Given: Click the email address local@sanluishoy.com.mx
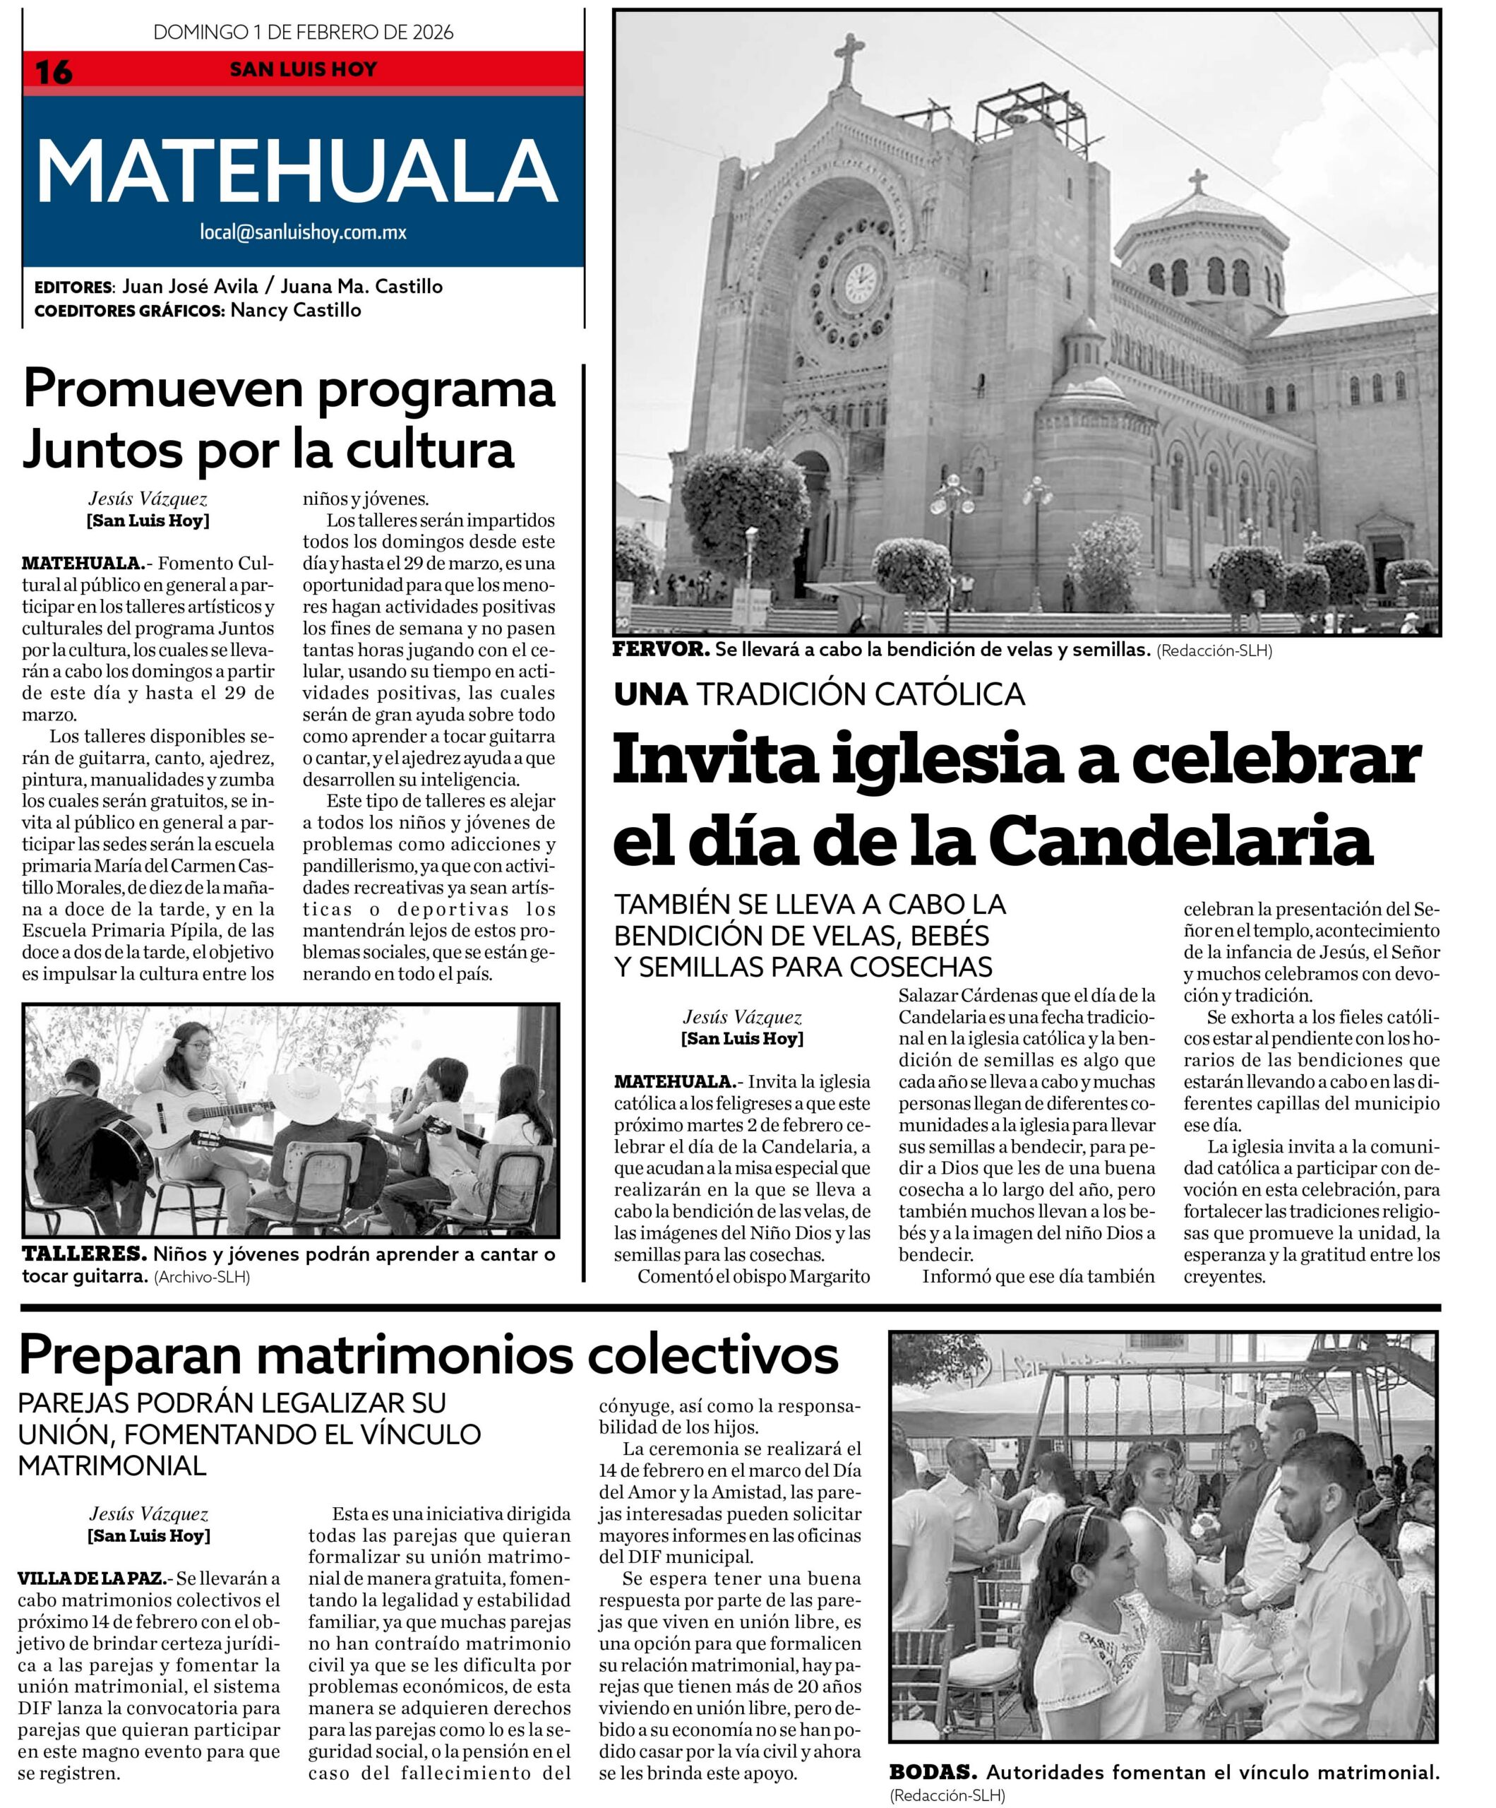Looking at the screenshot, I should pyautogui.click(x=303, y=232).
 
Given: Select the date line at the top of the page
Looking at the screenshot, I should pyautogui.click(x=303, y=32).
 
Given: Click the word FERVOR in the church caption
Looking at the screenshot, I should pyautogui.click(x=660, y=650).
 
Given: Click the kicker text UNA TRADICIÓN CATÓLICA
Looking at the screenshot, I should pyautogui.click(x=818, y=694).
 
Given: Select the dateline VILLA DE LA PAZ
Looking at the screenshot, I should pyautogui.click(x=91, y=1579).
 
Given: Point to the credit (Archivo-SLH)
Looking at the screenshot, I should pyautogui.click(x=203, y=1278).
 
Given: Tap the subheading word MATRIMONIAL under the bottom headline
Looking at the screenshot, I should pyautogui.click(x=112, y=1465).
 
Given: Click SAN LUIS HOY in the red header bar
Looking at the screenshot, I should pyautogui.click(x=303, y=70).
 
